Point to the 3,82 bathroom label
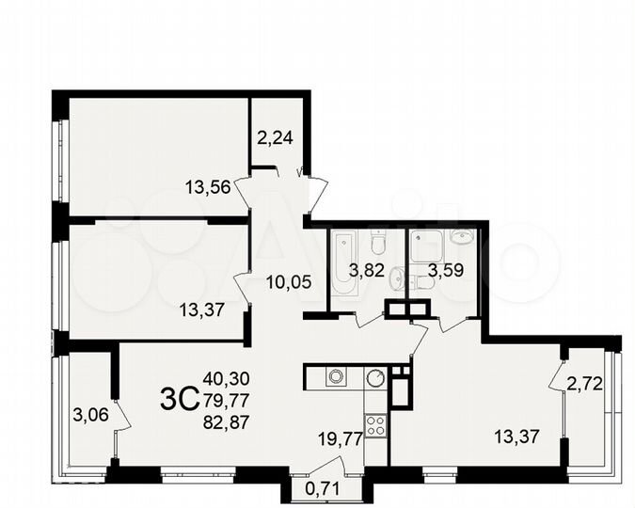(367, 273)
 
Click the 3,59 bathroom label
(446, 275)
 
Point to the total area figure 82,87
(227, 421)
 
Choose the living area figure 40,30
(227, 378)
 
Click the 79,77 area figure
(227, 399)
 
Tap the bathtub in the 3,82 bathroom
(341, 266)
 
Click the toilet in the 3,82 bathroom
(377, 244)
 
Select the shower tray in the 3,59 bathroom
(428, 246)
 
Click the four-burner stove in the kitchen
(375, 424)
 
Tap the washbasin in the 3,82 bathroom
(399, 278)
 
